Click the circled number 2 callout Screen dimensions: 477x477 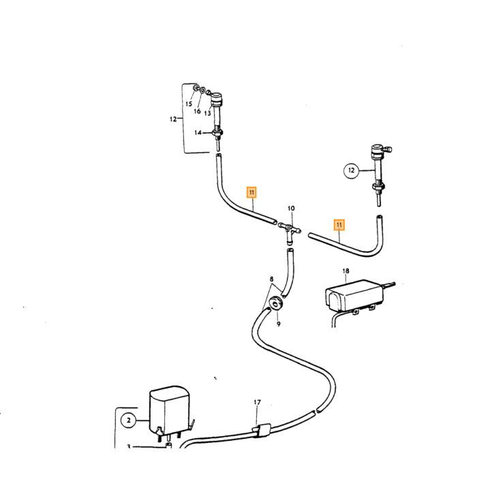(x=129, y=420)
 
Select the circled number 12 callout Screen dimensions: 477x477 (x=352, y=170)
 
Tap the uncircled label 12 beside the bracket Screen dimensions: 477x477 (x=173, y=119)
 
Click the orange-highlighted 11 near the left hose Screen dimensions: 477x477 (x=251, y=192)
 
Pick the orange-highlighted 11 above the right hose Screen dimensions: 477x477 (x=339, y=225)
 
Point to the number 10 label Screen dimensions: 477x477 (x=291, y=209)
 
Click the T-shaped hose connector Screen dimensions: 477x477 (x=289, y=231)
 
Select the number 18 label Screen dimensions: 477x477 (x=346, y=271)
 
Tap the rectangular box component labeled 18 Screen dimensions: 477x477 (x=354, y=296)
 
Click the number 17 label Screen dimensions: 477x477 (x=258, y=402)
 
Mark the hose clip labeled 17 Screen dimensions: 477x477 (x=261, y=429)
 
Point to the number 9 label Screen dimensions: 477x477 (x=278, y=324)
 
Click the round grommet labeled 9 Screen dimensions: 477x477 (x=276, y=303)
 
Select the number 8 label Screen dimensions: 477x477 (x=271, y=279)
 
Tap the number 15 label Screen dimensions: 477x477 (x=189, y=104)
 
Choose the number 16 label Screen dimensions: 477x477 (x=197, y=111)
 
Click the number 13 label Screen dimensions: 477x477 (x=207, y=113)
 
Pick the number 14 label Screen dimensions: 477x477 (x=198, y=133)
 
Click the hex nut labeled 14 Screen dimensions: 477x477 (x=218, y=133)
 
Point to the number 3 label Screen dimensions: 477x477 (x=129, y=446)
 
